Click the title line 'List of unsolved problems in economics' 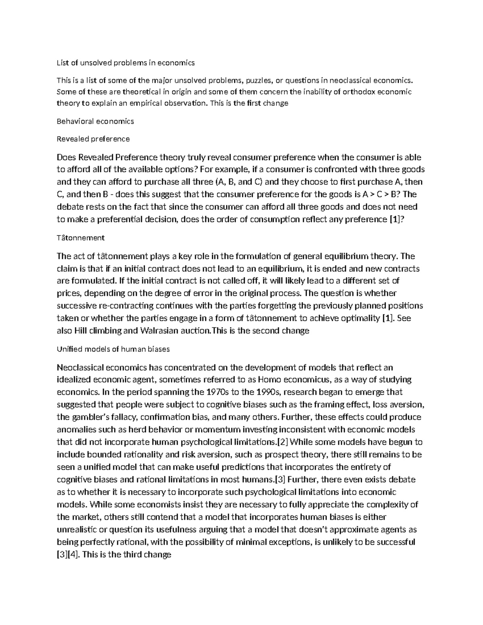click(x=126, y=63)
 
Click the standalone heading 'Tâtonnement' click(x=81, y=238)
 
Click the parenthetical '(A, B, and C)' click(x=239, y=182)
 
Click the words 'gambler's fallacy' click(x=104, y=417)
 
